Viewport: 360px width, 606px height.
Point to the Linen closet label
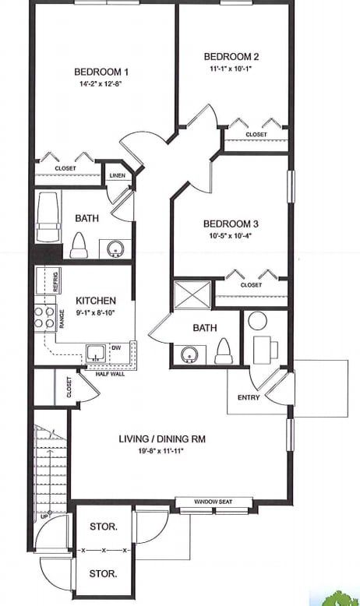pyautogui.click(x=118, y=176)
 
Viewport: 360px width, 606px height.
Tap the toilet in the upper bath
pyautogui.click(x=78, y=245)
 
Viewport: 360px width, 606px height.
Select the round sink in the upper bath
pyautogui.click(x=115, y=249)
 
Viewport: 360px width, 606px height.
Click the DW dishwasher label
pyautogui.click(x=116, y=348)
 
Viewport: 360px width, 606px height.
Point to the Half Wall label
pyautogui.click(x=110, y=374)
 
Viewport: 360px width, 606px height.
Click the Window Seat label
pyautogui.click(x=213, y=501)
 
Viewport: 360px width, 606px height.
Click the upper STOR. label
pyautogui.click(x=103, y=527)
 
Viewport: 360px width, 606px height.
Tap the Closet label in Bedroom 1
pyautogui.click(x=65, y=167)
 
